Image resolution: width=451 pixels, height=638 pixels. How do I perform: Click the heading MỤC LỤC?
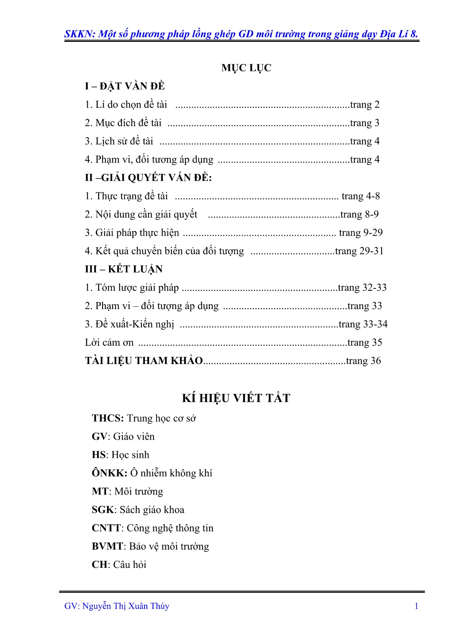246,68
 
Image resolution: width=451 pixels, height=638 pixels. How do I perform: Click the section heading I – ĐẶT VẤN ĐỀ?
125,86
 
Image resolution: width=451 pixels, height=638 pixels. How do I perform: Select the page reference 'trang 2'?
365,104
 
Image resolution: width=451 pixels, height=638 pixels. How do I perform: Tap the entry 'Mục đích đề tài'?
123,123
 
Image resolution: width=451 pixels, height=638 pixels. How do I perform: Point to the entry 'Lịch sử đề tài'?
119,141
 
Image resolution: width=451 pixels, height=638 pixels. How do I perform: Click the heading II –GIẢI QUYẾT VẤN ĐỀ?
148,178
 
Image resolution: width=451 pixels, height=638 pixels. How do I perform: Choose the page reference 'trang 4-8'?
360,196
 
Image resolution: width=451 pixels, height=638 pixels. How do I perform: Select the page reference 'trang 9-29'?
361,233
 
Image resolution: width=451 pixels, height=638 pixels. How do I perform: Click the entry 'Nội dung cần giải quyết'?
141,214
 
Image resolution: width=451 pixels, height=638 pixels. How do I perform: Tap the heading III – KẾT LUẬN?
124,269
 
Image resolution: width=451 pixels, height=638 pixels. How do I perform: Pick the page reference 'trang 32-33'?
362,288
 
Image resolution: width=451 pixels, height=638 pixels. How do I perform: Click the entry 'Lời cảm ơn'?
109,343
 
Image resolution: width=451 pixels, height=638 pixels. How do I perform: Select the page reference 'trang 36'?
363,361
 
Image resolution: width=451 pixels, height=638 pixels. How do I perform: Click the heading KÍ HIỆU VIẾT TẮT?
236,398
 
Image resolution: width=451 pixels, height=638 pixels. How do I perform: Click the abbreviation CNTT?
106,528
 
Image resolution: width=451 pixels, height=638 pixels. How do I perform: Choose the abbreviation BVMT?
107,546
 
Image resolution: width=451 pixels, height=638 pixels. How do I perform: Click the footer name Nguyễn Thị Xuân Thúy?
126,606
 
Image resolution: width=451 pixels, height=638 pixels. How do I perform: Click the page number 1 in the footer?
416,606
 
